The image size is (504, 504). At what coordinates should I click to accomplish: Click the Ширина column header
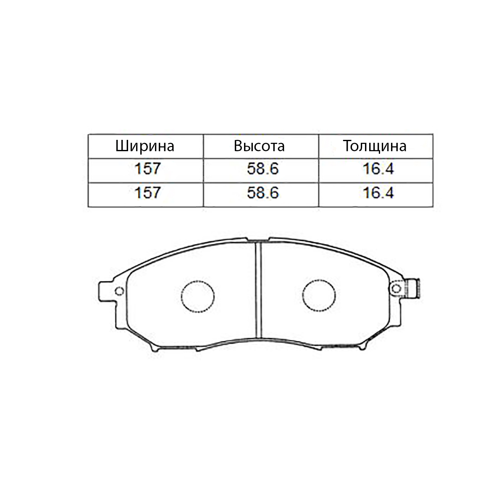click(144, 146)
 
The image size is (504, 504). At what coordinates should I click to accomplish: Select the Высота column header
click(259, 146)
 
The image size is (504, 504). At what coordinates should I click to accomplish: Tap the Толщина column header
click(375, 146)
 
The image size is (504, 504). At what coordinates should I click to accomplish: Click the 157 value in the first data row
click(147, 169)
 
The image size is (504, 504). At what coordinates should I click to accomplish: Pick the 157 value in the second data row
click(147, 193)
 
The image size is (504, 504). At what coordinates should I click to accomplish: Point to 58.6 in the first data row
click(263, 169)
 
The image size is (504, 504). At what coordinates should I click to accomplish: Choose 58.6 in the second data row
click(263, 193)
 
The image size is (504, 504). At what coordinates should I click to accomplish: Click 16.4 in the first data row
click(378, 169)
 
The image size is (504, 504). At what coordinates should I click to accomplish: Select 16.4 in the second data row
click(378, 193)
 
